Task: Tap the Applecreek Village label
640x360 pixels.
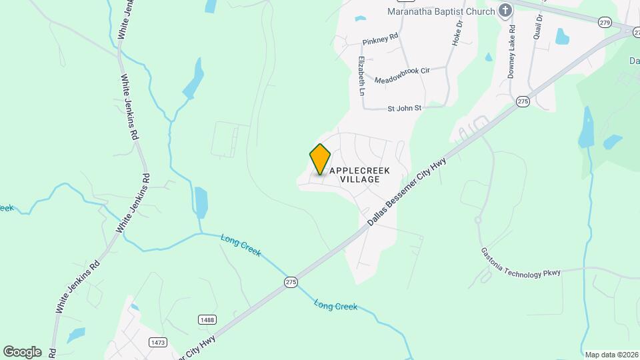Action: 360,175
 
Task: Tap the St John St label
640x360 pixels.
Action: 405,108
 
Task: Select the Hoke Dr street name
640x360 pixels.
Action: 457,33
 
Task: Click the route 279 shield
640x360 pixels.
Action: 605,23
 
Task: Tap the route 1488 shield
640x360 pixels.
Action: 207,320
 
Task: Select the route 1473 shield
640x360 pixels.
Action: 158,342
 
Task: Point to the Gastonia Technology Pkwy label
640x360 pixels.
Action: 521,262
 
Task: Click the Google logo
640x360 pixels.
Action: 22,351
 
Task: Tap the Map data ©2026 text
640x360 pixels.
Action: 610,355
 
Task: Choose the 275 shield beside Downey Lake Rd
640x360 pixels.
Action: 523,101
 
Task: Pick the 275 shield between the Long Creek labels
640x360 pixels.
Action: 291,282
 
